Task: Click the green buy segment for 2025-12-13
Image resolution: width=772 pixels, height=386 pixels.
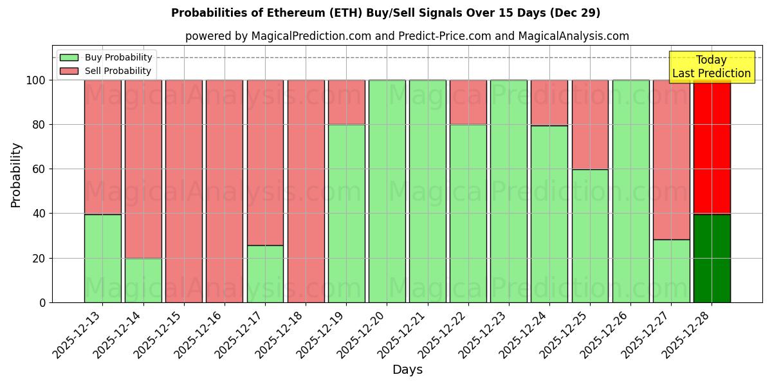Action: [102, 258]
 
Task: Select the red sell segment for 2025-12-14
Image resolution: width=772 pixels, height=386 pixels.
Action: [143, 169]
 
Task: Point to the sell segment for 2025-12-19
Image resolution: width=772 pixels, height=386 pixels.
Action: [346, 102]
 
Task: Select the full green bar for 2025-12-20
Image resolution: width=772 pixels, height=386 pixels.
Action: [387, 191]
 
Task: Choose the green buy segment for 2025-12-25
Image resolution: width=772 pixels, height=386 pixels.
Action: [590, 235]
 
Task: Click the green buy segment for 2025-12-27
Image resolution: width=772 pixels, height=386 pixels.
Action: [671, 271]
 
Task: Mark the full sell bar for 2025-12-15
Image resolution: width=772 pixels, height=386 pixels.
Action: [183, 191]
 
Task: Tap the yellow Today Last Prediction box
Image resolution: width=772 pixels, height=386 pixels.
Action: [712, 67]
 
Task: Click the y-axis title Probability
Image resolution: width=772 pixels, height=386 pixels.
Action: [16, 174]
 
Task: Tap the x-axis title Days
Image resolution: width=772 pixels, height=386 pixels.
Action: [407, 370]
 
